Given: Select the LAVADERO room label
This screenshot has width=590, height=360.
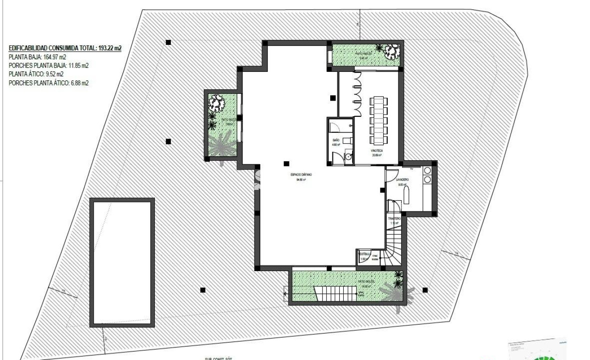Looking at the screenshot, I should (x=402, y=180).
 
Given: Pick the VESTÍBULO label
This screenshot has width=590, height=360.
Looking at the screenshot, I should (x=364, y=254).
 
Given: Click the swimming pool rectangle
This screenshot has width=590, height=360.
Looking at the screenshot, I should (x=122, y=263).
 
